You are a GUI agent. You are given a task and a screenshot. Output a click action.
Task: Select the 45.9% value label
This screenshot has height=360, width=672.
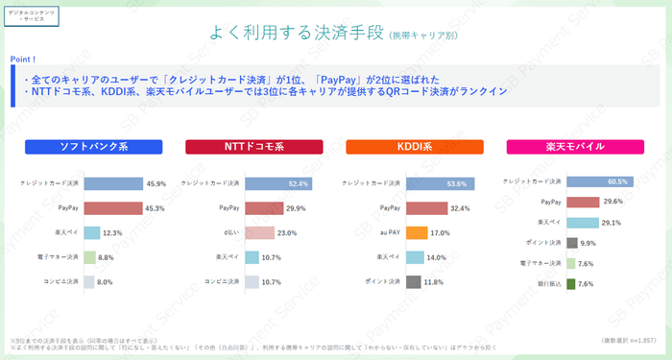[x=157, y=182]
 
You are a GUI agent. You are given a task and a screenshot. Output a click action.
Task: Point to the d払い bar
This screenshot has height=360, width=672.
[x=260, y=232]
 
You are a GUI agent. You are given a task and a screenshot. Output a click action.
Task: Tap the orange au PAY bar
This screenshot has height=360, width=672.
[x=417, y=232]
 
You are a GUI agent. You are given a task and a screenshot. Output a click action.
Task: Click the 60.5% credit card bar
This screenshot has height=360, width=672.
[x=571, y=181]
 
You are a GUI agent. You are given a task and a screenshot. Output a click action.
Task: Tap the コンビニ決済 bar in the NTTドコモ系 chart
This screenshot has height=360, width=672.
[x=252, y=282]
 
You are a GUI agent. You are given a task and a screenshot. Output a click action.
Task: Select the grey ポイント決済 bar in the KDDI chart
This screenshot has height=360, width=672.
[x=414, y=282]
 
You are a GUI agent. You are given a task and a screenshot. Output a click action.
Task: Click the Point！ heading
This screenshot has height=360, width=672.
[x=24, y=60]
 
